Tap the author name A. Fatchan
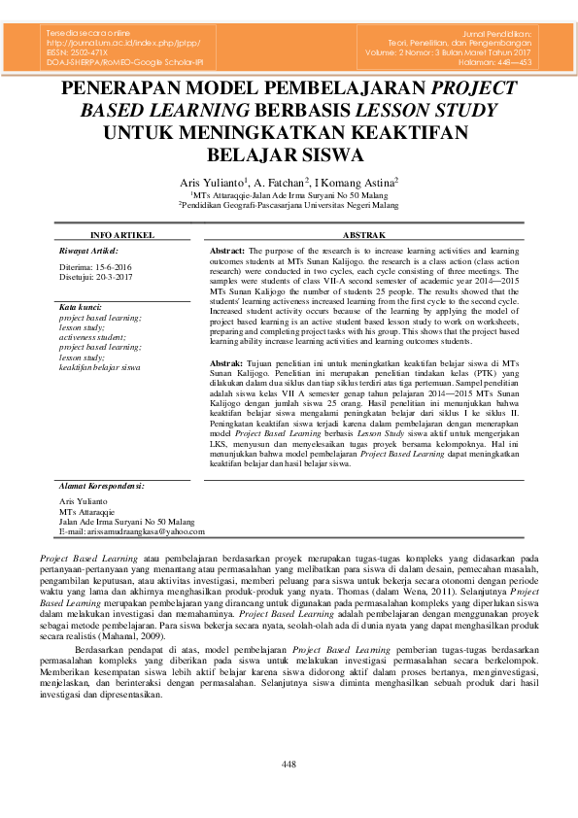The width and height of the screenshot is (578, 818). [x=282, y=182]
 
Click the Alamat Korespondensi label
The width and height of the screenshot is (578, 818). [x=101, y=484]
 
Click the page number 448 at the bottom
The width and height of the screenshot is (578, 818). [x=289, y=766]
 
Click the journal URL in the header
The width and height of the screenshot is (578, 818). [x=117, y=44]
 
